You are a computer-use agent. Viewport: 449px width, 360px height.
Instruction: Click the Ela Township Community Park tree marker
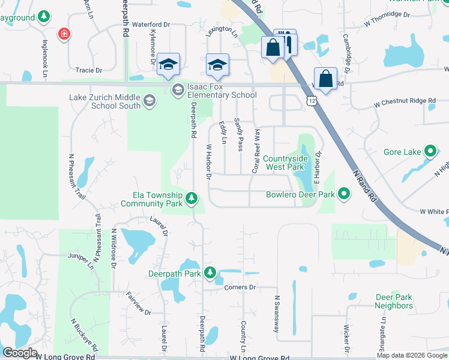click(191, 197)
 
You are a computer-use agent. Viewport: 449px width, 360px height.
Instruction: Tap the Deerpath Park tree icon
click(210, 273)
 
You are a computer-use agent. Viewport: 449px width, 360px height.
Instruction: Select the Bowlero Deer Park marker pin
click(344, 194)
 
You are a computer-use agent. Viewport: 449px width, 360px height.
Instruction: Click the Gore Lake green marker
click(430, 152)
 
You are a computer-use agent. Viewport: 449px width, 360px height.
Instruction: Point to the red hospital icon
click(64, 34)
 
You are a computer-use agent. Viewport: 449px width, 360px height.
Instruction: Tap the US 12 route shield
click(310, 100)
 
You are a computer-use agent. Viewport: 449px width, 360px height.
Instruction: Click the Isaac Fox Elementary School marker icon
click(178, 90)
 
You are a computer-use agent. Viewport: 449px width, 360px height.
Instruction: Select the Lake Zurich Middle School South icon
click(149, 101)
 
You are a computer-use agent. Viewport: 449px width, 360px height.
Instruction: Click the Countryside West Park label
click(285, 163)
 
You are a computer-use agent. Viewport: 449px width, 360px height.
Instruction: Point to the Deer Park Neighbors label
click(394, 301)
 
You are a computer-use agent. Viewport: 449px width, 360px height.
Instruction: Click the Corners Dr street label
click(240, 287)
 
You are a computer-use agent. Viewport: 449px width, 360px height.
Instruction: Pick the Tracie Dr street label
click(89, 70)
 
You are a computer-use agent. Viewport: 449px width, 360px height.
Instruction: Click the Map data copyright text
click(412, 355)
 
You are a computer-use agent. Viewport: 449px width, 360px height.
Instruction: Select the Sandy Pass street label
click(240, 135)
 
